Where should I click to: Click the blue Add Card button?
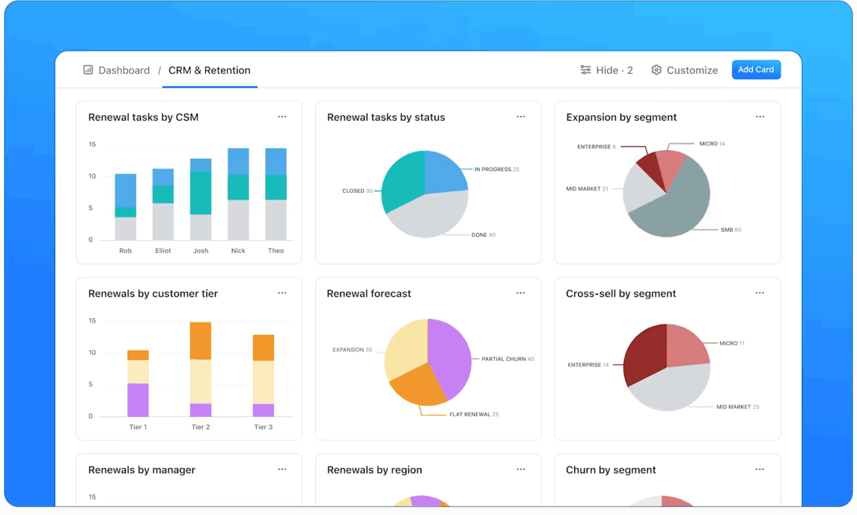tap(756, 70)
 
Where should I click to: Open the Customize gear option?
tap(684, 70)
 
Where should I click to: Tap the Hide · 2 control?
tap(607, 70)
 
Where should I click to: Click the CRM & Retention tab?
tap(209, 70)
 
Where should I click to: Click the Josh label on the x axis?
tap(200, 250)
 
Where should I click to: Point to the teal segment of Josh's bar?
tap(200, 192)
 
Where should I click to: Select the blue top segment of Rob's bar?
tap(125, 190)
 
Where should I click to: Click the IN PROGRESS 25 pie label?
tap(496, 169)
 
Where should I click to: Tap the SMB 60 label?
tap(730, 230)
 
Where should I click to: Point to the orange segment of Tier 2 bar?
tap(200, 340)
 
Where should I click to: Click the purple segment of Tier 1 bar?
tap(138, 400)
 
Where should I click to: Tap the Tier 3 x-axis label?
tap(263, 427)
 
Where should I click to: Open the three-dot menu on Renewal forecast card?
tap(520, 293)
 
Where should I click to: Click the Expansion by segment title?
tap(621, 118)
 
